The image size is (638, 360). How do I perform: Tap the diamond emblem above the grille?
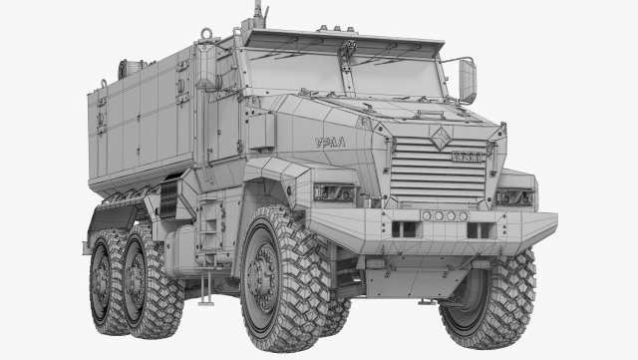tap(440, 140)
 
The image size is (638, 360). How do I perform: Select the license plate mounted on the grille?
tap(468, 157)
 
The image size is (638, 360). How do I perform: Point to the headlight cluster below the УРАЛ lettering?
tap(334, 192)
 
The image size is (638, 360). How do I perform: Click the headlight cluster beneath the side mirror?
tap(514, 196)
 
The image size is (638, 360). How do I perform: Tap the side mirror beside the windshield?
tap(467, 80)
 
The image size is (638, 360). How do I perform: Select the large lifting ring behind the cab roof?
tap(207, 37)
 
